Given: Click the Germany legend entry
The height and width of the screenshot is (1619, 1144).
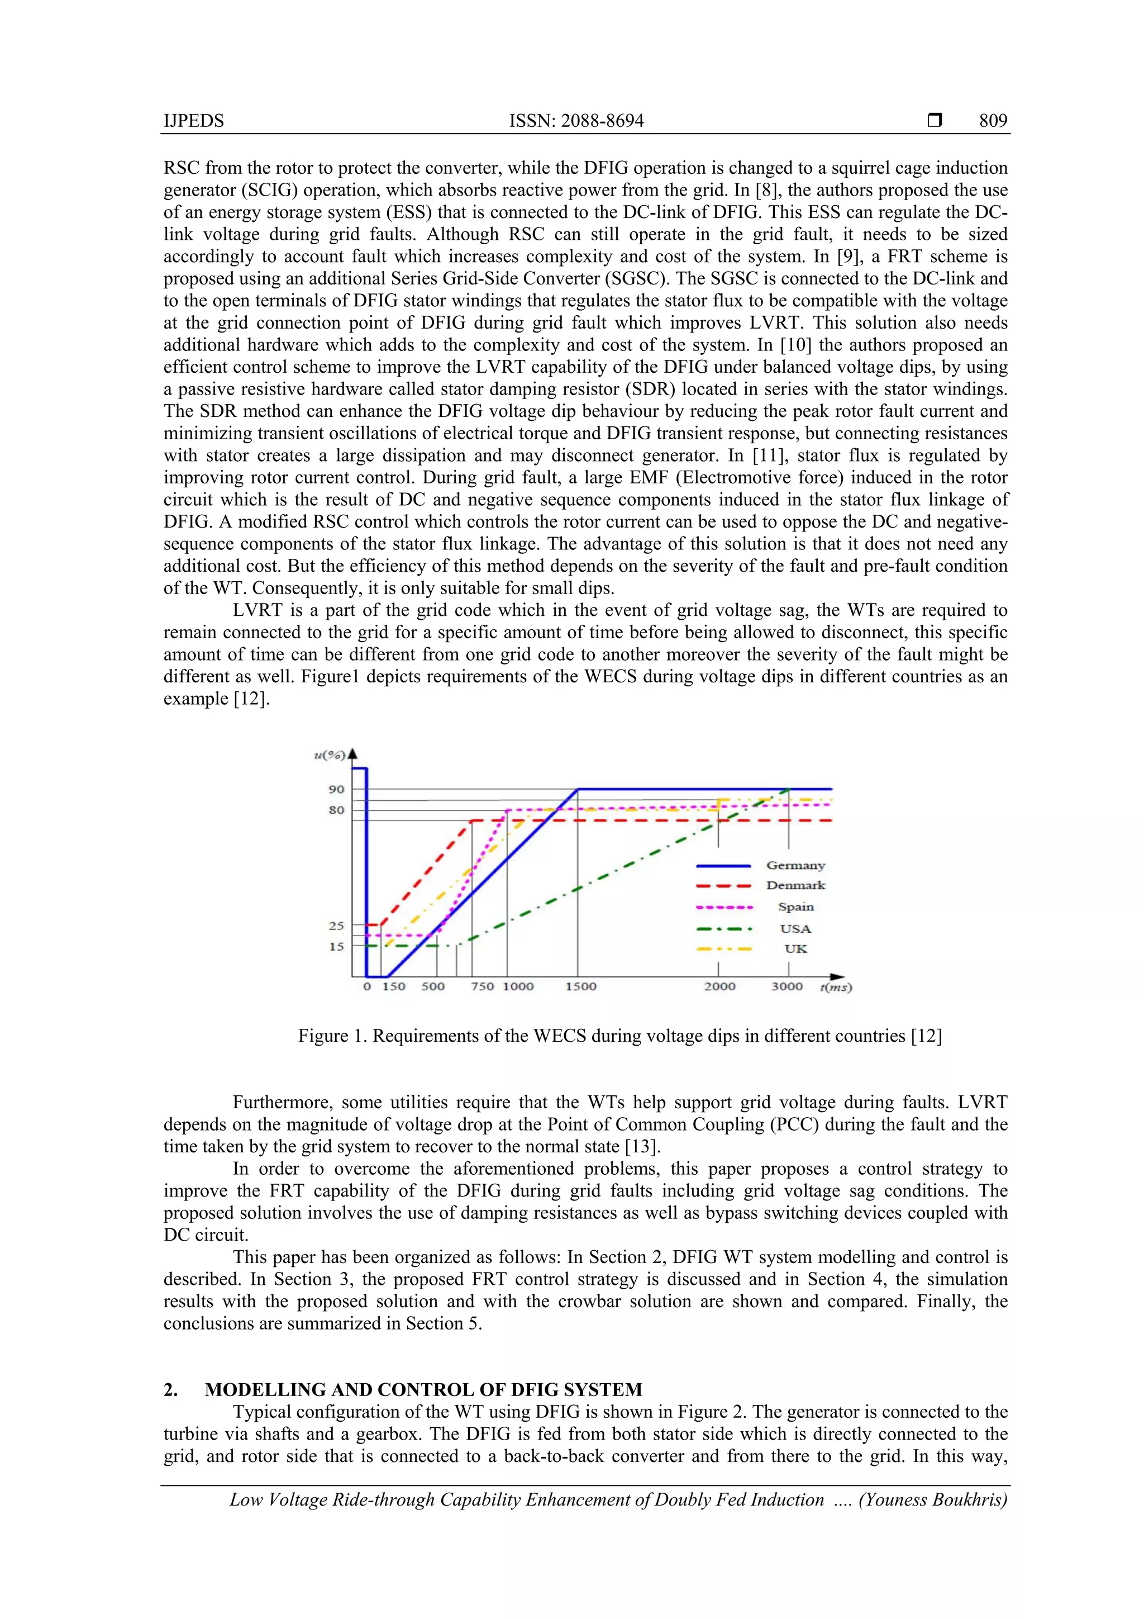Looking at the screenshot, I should tap(795, 865).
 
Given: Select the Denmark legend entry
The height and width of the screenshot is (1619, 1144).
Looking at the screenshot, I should tap(795, 885).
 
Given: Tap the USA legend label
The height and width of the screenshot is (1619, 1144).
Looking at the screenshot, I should tap(795, 929).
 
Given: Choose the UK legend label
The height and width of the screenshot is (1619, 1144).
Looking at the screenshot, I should tap(795, 948).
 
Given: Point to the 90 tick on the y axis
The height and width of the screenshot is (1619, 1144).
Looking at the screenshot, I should tap(336, 789).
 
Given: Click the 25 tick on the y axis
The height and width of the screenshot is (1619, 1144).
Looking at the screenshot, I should tap(336, 925).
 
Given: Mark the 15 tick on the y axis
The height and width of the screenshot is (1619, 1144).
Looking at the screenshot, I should tap(336, 946).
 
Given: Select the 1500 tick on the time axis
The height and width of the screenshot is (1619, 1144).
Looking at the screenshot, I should tap(581, 986).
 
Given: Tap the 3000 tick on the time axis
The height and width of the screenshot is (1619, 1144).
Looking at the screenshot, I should tap(786, 986).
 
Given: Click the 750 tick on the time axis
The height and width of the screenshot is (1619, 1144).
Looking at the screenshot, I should tap(482, 986).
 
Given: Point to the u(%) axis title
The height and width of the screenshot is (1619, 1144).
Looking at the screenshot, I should tap(329, 755).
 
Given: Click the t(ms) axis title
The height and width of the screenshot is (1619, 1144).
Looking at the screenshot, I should tap(836, 987).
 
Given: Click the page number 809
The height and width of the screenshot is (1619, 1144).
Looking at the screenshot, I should tap(993, 121).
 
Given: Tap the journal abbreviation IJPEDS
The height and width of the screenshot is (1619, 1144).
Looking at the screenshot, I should tap(194, 121).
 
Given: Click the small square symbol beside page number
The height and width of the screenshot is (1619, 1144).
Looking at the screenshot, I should tap(935, 121).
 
